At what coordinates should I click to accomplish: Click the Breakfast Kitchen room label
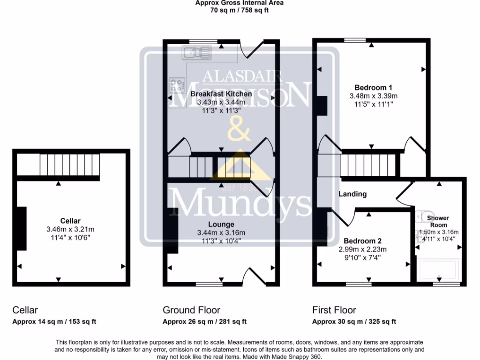tap(221, 94)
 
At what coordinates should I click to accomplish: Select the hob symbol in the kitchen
tap(177, 85)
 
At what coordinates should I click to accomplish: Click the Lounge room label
tap(222, 225)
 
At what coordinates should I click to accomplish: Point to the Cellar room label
tap(70, 221)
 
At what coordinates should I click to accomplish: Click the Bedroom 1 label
tap(373, 87)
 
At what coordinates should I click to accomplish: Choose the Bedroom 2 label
tap(362, 241)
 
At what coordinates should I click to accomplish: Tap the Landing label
tap(352, 194)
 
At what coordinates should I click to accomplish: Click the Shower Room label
tap(437, 221)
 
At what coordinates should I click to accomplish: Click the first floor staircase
tap(368, 165)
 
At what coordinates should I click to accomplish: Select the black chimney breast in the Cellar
tap(22, 230)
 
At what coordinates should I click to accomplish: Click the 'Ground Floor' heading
tap(191, 310)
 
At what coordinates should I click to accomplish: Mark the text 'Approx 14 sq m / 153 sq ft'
tap(54, 322)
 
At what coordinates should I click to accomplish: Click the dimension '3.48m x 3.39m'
tap(373, 96)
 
